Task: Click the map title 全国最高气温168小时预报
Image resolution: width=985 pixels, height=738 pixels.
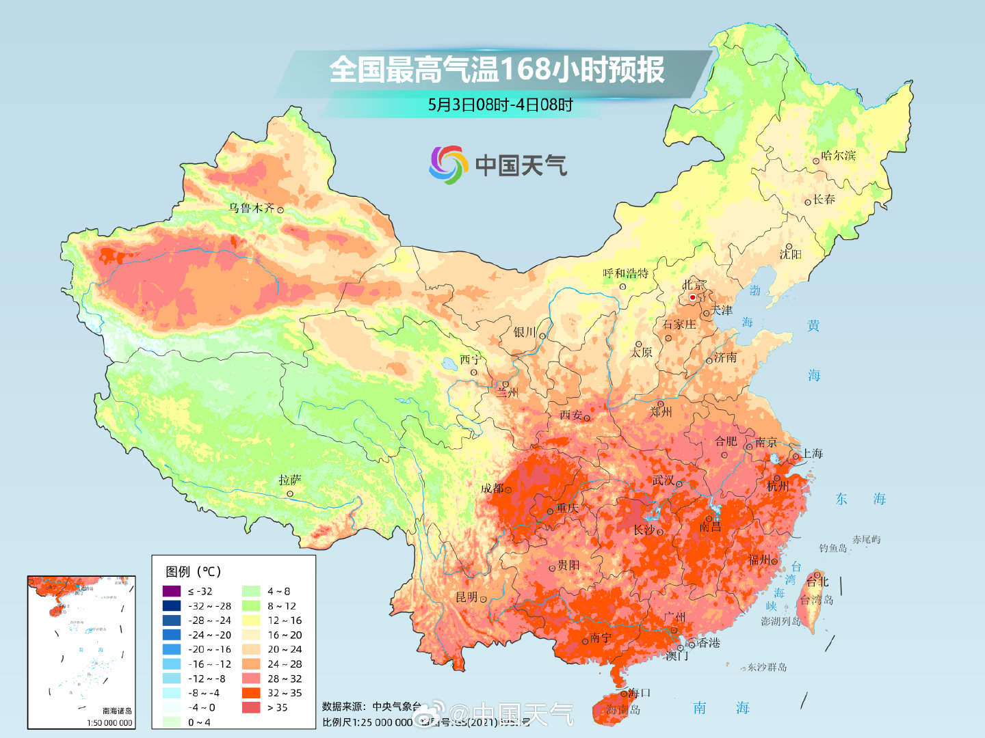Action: coord(497,70)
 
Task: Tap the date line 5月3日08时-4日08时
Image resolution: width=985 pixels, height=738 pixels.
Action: coord(500,105)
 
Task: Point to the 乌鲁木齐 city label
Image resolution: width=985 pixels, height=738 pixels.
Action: coord(251,208)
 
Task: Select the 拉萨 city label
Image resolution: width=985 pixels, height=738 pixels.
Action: coord(289,480)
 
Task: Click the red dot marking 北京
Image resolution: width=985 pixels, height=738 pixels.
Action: coord(692,297)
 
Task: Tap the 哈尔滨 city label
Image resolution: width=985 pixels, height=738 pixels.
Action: coord(839,156)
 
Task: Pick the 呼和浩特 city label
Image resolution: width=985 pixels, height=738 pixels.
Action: coord(625,273)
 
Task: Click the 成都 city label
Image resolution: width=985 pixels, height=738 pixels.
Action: coord(492,488)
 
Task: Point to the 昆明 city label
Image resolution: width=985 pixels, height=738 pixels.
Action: coord(467,597)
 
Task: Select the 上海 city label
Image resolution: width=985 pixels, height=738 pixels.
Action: coord(812,454)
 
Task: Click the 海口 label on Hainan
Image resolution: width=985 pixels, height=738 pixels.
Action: coord(639,692)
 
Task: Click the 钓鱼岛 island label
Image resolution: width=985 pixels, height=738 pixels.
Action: coord(832,548)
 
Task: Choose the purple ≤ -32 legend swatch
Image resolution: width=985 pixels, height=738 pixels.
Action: coord(172,591)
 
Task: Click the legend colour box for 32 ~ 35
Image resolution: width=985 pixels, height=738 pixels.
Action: coord(251,693)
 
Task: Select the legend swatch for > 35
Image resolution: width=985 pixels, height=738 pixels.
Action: coord(251,707)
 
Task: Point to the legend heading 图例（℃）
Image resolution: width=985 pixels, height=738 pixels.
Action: coord(193,571)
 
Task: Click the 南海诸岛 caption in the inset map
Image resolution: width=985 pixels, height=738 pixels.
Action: coord(117,711)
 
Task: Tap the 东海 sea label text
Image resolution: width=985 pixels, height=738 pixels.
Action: coord(860,499)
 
